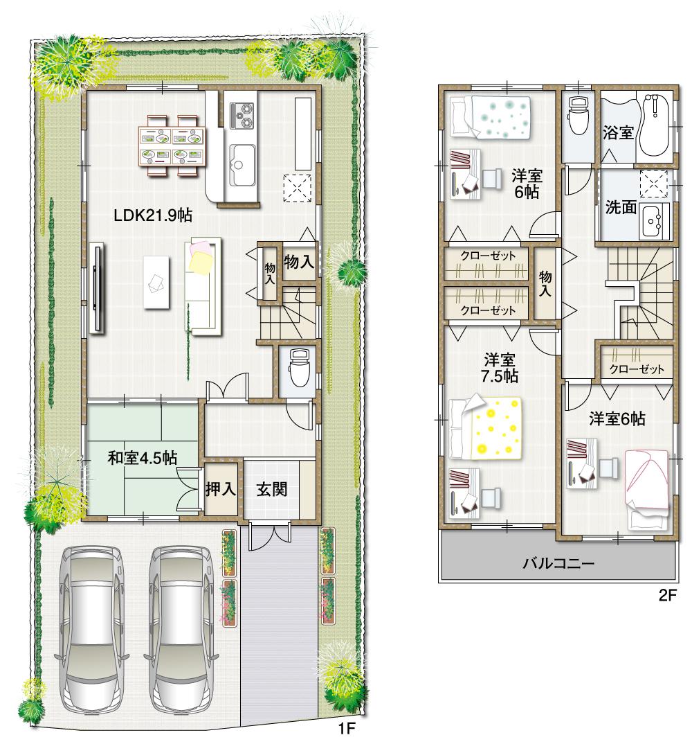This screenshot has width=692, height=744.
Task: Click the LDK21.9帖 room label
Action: pos(152,215)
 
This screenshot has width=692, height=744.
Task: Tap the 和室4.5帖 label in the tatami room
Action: pos(141,458)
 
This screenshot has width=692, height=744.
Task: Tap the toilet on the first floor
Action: pos(299,370)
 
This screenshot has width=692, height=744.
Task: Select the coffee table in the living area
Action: pos(156,281)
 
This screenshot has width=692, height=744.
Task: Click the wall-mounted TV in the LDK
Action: pos(96,287)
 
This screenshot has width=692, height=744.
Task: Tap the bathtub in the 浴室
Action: pos(653,125)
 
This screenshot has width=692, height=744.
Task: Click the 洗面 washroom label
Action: pos(620,208)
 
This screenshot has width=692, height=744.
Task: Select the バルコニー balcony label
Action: pos(558,563)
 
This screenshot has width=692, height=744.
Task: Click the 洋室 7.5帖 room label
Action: pos(500,368)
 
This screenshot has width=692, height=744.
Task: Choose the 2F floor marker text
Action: pos(666,595)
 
